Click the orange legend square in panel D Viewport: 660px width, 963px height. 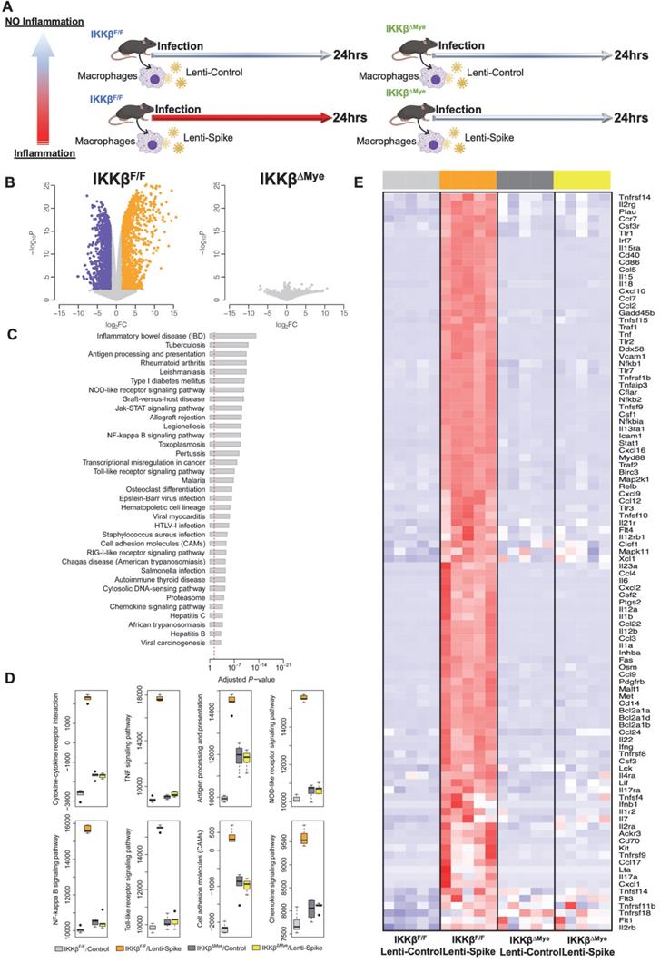tap(88, 948)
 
